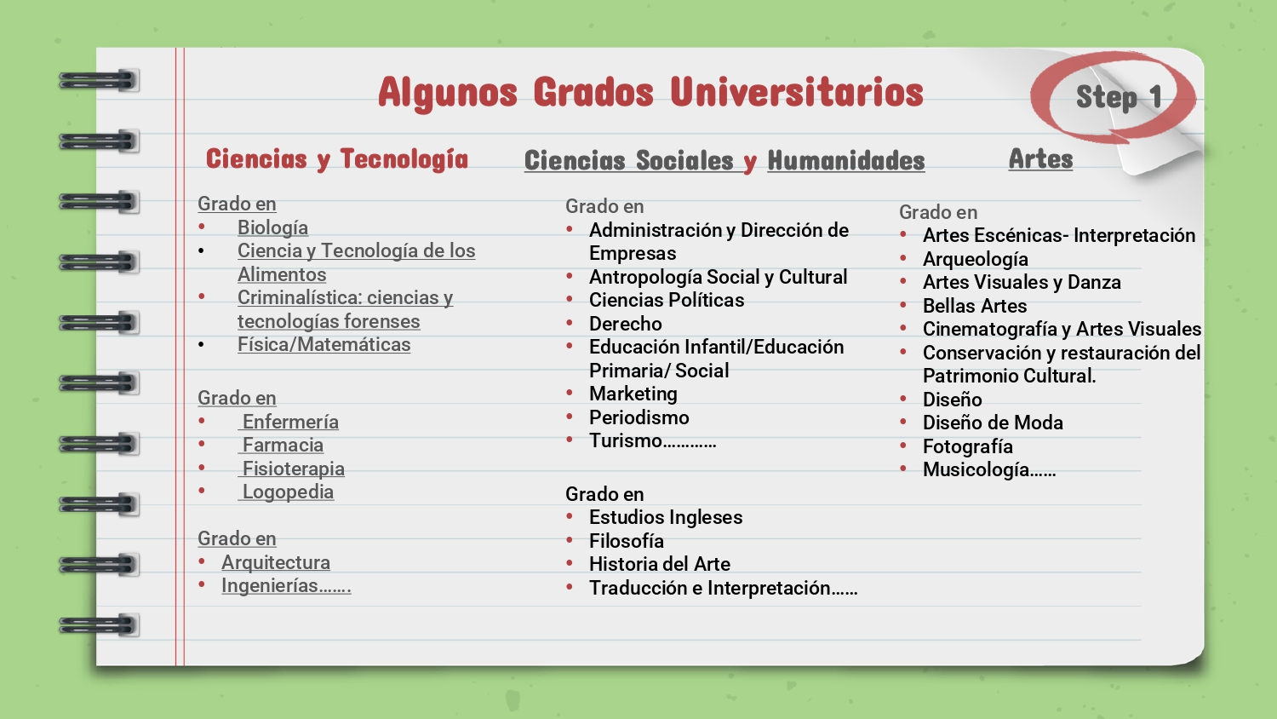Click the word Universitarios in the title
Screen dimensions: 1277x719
coord(796,93)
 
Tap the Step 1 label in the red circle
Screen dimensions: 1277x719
coord(1119,97)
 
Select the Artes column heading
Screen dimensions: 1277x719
coord(1040,158)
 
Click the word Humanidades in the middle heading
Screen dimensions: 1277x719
coord(846,160)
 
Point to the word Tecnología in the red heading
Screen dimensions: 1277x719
coord(404,159)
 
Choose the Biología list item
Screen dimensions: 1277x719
coord(272,227)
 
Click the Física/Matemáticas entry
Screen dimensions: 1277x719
coord(324,345)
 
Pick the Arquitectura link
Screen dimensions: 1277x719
coord(276,562)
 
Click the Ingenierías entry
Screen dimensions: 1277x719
coord(286,586)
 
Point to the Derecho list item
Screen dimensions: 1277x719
coord(626,324)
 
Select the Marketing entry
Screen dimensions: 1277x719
coord(633,394)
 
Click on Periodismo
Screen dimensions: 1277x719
coord(639,417)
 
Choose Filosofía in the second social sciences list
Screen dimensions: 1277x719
coord(627,541)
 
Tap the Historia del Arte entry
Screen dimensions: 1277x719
coord(660,564)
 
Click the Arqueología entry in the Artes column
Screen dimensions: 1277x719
coord(976,260)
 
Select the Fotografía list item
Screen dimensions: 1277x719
coord(968,446)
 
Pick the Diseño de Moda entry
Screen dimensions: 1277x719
coord(994,423)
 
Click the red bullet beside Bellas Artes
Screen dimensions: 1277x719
coord(903,305)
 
